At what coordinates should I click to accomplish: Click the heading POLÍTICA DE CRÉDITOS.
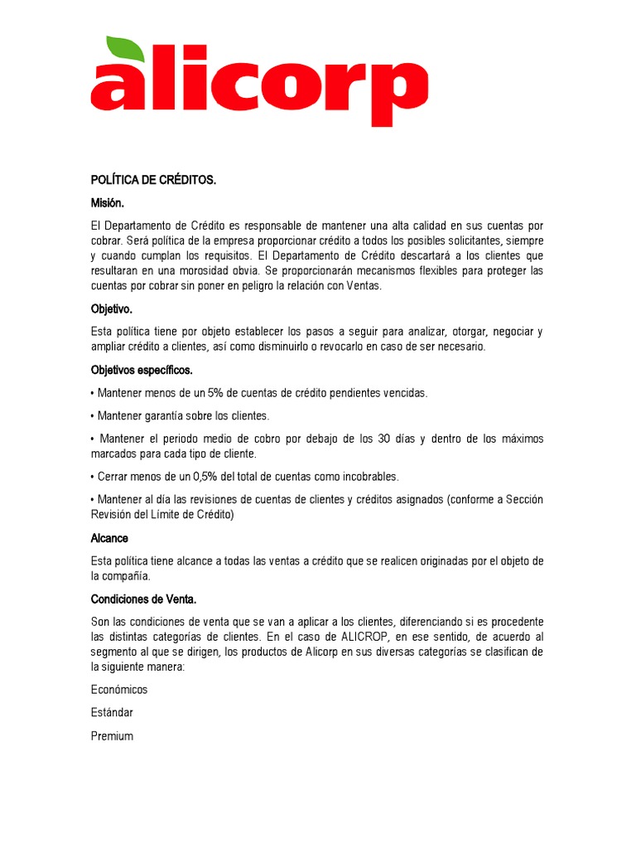click(153, 180)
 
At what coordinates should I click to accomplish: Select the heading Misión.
click(108, 202)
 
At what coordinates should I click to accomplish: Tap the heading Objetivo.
click(112, 308)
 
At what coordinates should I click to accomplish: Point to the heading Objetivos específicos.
click(142, 370)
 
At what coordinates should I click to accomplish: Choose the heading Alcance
click(109, 538)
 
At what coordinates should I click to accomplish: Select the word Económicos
click(119, 690)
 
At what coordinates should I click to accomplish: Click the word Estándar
click(112, 713)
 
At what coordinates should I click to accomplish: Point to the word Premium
click(112, 736)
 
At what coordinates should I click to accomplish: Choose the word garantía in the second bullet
click(168, 415)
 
